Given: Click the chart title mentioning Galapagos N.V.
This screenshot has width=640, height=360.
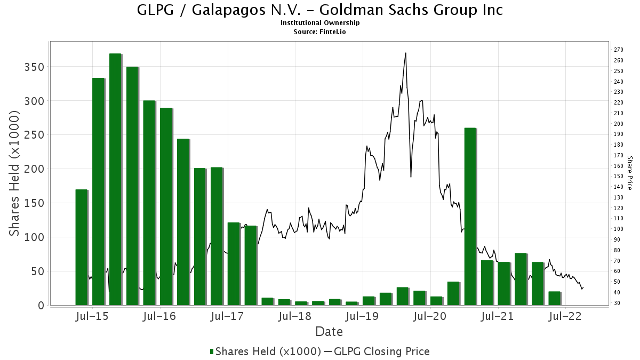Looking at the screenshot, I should (320, 10).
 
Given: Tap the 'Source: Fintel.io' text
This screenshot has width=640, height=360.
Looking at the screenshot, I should (320, 31).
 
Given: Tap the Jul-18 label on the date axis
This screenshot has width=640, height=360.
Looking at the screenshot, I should (295, 317).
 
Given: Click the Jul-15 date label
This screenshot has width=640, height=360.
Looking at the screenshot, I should (92, 317).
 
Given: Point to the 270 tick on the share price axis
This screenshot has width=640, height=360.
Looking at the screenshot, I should (619, 50).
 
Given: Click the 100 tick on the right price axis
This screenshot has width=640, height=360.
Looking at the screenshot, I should (619, 229).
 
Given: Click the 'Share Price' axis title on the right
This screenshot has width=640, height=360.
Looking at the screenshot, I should (629, 173).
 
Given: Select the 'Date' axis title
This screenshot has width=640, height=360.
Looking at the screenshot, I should (329, 332).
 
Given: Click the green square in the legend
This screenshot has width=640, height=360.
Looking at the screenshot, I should (212, 351).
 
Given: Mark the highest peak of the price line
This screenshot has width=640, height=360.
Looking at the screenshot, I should (406, 53).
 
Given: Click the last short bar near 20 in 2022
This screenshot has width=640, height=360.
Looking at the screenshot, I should (554, 298).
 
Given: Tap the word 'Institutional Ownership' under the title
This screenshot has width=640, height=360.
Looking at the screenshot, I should (320, 23).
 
